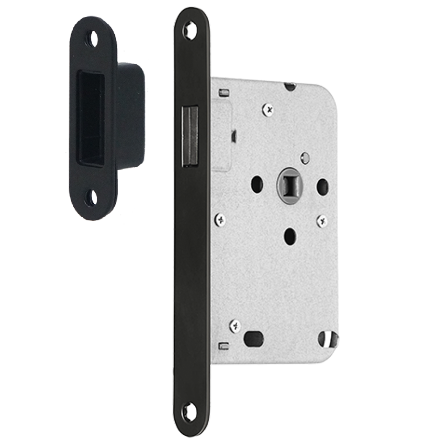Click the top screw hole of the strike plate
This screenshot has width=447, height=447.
(93, 39)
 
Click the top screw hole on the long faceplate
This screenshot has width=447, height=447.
(190, 30)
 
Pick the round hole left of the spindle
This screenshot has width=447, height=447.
(257, 184)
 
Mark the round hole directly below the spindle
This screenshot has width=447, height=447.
(290, 234)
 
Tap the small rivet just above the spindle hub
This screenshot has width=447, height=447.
(305, 157)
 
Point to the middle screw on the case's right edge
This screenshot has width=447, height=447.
(321, 220)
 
